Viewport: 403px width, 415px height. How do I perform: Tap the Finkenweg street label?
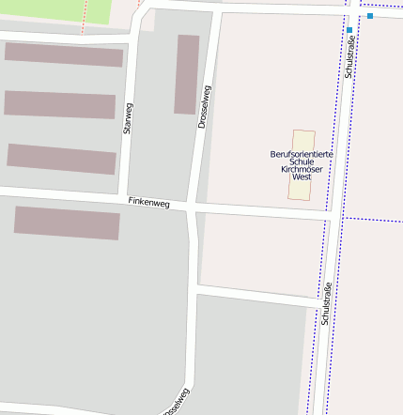click(148, 202)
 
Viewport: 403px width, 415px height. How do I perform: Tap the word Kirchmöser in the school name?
click(302, 169)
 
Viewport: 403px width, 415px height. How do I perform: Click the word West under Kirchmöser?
click(302, 177)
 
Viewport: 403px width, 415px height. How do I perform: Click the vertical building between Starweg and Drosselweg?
click(186, 74)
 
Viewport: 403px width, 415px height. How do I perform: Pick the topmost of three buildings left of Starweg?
click(64, 54)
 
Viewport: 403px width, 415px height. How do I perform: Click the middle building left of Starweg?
click(60, 104)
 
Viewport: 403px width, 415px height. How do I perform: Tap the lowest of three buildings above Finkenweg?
click(61, 159)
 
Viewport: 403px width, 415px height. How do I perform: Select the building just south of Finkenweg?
click(67, 223)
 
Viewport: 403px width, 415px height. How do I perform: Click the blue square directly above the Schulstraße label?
click(349, 30)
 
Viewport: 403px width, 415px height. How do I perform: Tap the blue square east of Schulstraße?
click(370, 16)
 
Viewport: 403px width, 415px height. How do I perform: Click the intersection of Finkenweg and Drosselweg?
click(193, 205)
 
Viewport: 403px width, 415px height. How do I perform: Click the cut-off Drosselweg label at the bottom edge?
click(177, 405)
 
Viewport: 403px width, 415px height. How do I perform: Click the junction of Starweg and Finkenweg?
click(120, 198)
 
